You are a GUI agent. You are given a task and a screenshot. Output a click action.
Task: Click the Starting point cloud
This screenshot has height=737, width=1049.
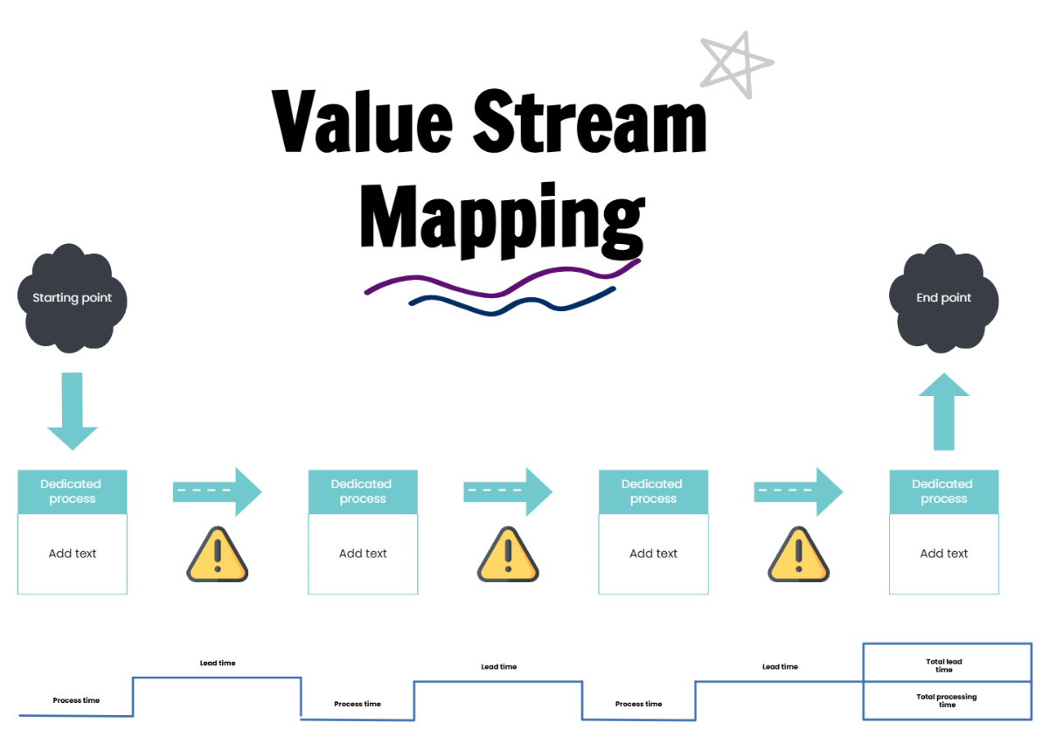72,298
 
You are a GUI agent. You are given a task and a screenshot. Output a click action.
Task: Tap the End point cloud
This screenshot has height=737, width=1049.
943,298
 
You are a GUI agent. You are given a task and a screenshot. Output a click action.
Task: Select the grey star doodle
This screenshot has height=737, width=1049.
737,63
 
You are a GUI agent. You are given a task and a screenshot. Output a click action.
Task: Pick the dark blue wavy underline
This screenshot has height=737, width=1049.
512,302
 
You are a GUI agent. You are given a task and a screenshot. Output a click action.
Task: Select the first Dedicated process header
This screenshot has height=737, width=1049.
73,491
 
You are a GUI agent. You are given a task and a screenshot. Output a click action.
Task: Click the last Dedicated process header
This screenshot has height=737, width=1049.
943,491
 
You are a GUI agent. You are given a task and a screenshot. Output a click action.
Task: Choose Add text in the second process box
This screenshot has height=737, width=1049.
363,553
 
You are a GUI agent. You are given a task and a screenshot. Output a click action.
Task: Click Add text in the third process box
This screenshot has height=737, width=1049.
653,553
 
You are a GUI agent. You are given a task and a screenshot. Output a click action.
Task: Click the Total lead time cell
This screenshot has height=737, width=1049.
947,664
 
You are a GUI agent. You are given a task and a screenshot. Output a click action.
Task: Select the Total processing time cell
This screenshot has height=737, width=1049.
947,700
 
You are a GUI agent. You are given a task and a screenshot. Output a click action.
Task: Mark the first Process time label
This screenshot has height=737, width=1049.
76,700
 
